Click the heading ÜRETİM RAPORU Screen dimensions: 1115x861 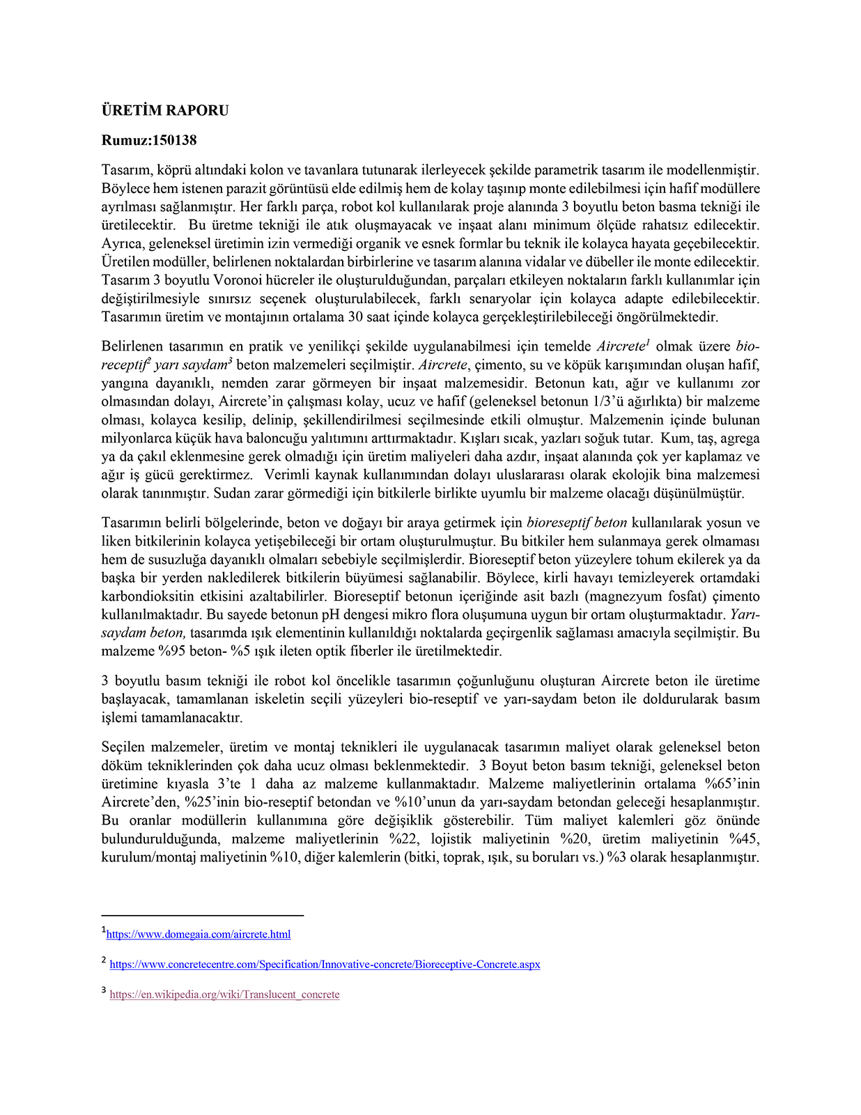(x=165, y=110)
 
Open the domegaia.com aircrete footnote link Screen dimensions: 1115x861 (x=199, y=935)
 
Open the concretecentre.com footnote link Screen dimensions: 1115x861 (x=325, y=964)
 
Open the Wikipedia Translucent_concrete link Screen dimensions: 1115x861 (x=224, y=994)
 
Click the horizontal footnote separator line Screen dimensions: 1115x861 (x=202, y=915)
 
